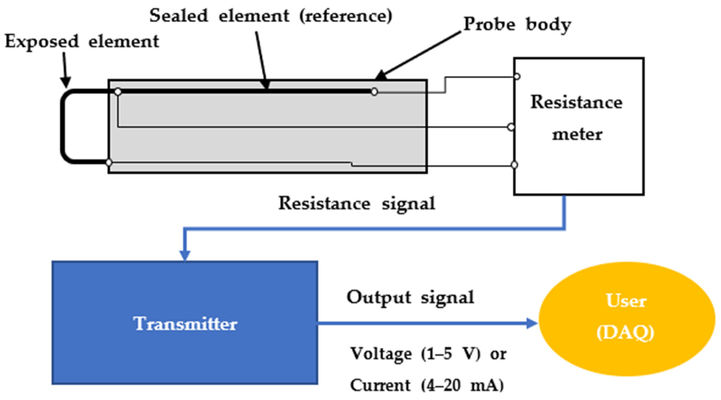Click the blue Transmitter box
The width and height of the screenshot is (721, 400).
click(x=185, y=322)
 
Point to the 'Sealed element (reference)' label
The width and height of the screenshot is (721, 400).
click(x=271, y=16)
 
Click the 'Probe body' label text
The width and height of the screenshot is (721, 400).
click(x=517, y=25)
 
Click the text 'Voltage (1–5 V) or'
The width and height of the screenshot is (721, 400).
click(x=428, y=353)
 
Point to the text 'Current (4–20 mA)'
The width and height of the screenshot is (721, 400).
click(x=427, y=385)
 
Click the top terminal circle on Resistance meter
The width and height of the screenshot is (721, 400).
click(x=517, y=76)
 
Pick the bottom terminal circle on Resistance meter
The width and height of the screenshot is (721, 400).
click(x=514, y=165)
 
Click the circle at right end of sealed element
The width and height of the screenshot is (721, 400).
click(x=374, y=92)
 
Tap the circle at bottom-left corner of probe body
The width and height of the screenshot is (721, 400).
click(x=109, y=162)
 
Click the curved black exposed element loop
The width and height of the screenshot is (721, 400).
click(x=63, y=126)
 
